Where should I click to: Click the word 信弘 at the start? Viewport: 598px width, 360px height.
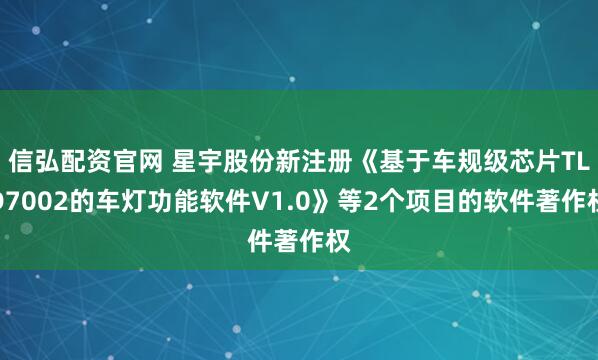click(35, 159)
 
